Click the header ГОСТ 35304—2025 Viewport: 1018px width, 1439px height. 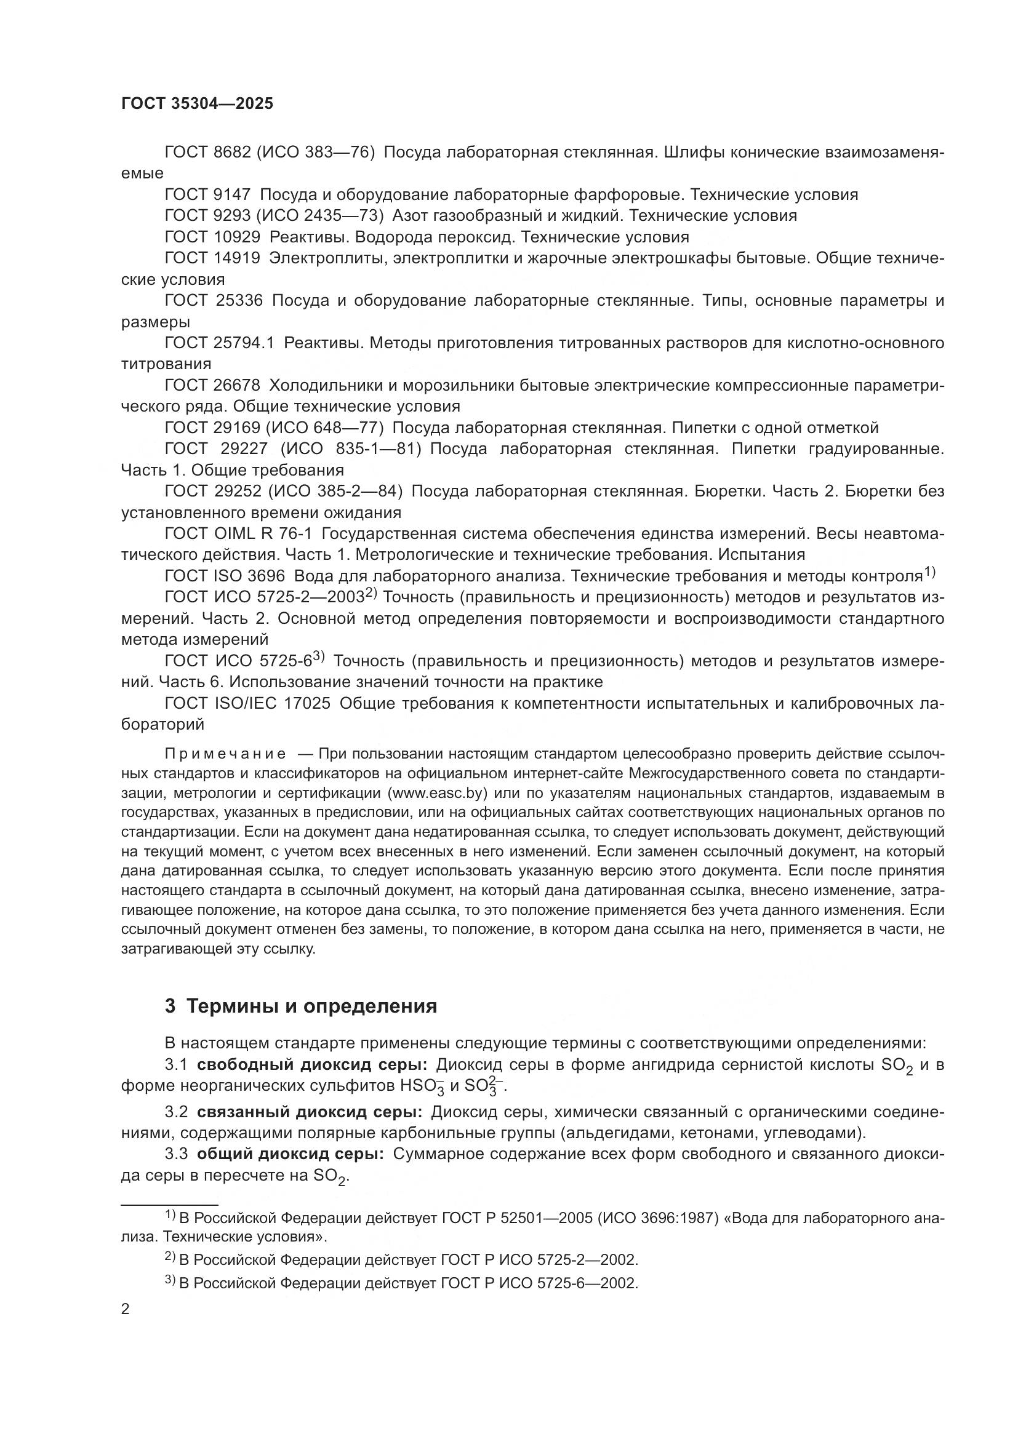click(x=197, y=104)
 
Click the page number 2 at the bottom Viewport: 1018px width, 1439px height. click(x=125, y=1309)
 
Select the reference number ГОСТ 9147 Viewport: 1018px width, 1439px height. click(x=207, y=194)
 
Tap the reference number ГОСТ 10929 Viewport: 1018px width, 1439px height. click(x=212, y=237)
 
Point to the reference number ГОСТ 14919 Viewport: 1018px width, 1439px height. click(x=212, y=258)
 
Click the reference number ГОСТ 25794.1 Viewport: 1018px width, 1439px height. click(x=219, y=343)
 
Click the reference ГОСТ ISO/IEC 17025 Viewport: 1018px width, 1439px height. click(x=247, y=703)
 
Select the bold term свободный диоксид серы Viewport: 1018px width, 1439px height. click(x=311, y=1065)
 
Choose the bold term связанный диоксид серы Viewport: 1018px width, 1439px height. click(x=309, y=1112)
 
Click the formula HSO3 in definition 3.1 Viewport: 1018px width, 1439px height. click(x=427, y=1086)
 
